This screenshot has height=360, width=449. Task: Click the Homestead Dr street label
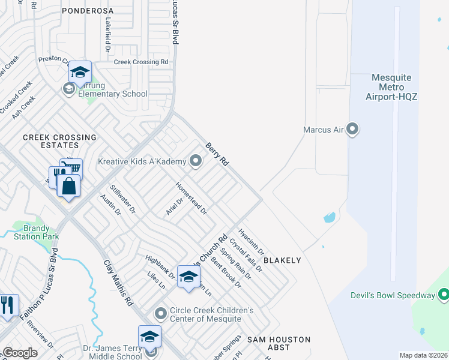coord(191,199)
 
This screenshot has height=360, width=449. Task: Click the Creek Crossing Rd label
coord(141,62)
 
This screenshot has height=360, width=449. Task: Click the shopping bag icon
coord(69,186)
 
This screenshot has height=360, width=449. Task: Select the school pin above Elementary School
coord(80,73)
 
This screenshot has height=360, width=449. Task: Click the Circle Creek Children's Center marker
coord(160,314)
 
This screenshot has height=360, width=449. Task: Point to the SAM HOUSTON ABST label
coord(279,343)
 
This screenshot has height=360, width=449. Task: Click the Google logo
coord(20,353)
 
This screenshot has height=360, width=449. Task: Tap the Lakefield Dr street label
coord(109,31)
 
